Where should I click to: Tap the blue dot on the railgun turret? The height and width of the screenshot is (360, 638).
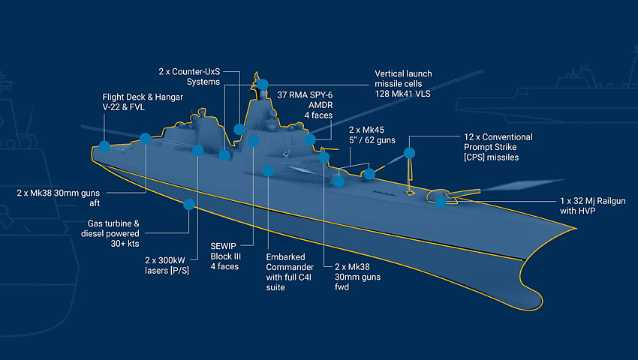click(441, 201)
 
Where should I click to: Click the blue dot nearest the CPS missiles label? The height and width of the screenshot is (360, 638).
click(409, 153)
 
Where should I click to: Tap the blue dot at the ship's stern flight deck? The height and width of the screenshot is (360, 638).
click(104, 146)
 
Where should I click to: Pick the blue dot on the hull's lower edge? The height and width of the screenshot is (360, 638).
click(189, 204)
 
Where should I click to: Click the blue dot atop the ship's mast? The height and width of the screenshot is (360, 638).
click(263, 84)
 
